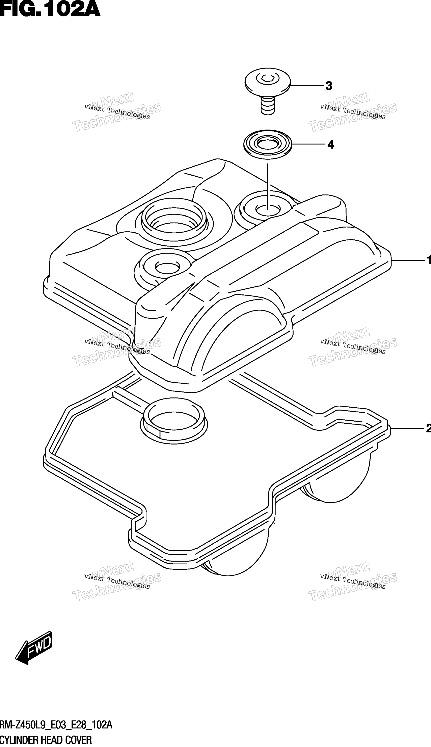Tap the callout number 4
point(331,145)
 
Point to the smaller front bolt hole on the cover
point(167,267)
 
